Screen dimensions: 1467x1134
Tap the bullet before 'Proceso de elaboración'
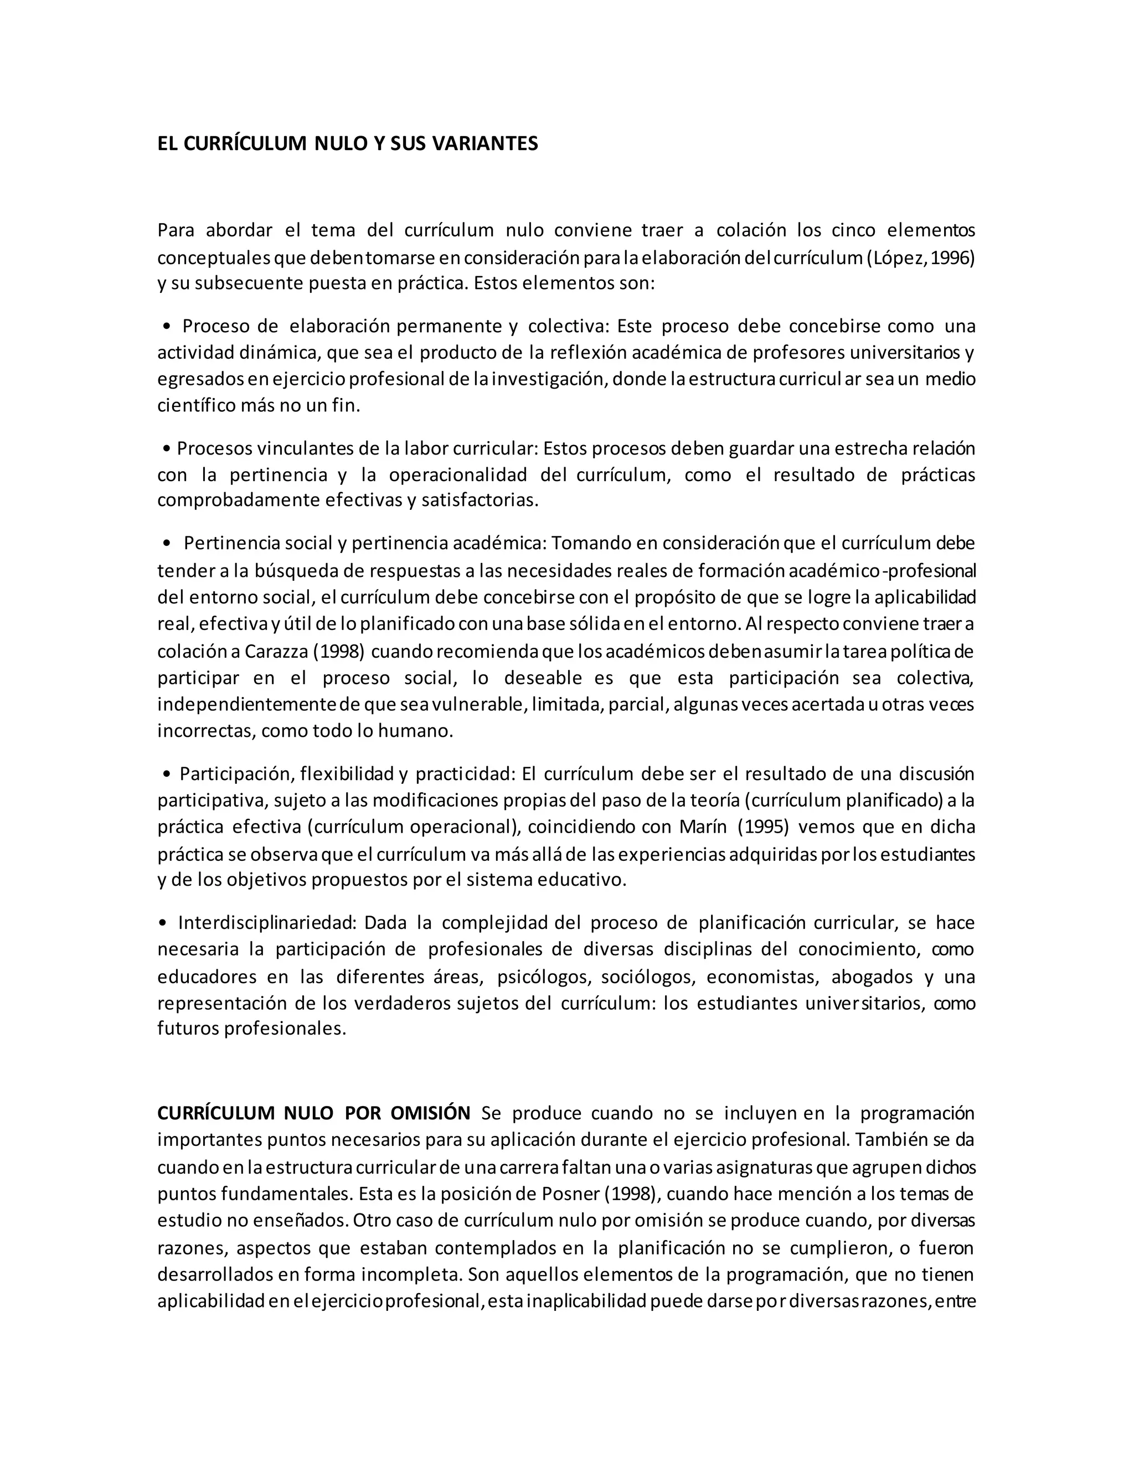click(166, 327)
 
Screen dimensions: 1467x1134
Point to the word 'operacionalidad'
click(458, 475)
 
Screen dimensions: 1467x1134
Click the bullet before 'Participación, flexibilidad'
click(166, 774)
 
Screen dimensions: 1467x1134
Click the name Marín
click(703, 827)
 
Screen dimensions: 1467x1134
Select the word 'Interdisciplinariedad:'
click(266, 923)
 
